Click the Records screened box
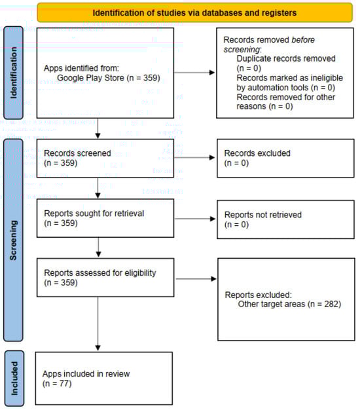[x=98, y=158]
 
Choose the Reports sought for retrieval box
[x=98, y=217]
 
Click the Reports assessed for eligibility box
[x=98, y=278]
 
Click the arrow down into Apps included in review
[x=98, y=327]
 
